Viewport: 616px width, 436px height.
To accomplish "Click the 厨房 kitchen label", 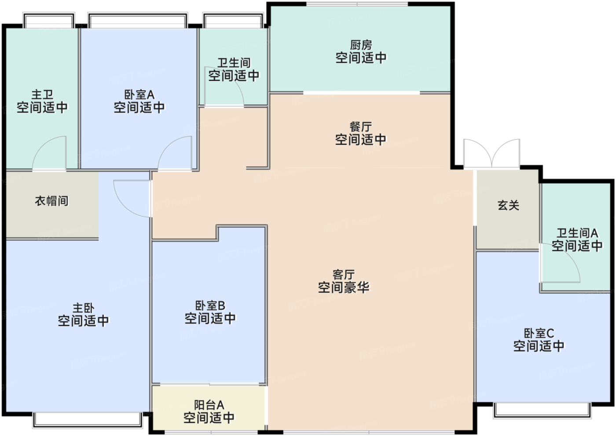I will (x=361, y=45).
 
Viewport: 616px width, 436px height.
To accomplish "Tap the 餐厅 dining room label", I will (x=361, y=127).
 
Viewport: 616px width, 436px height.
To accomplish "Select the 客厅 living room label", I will (x=344, y=275).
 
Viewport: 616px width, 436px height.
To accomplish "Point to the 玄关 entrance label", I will (x=508, y=205).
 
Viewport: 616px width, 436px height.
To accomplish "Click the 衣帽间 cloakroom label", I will (x=52, y=201).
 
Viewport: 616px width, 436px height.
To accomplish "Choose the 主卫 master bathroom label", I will (x=42, y=94).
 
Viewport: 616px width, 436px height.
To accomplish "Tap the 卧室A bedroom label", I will (x=139, y=94).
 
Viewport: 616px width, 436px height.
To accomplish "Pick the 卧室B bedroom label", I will (x=210, y=305).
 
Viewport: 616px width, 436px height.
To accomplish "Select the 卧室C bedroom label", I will (x=539, y=333).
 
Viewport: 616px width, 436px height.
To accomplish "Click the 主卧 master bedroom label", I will (x=83, y=308).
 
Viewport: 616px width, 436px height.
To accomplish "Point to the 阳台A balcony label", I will (x=209, y=405).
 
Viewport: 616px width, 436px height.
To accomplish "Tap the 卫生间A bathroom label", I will (x=577, y=233).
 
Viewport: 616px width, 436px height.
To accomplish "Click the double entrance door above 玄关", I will (x=492, y=154).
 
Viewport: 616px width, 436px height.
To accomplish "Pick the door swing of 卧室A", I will (x=176, y=153).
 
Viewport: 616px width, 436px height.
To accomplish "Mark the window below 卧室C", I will (x=542, y=410).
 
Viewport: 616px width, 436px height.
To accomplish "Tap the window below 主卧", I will (x=88, y=419).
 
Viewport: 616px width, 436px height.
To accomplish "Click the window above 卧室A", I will (x=138, y=21).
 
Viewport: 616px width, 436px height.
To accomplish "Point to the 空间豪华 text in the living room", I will (x=344, y=288).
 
